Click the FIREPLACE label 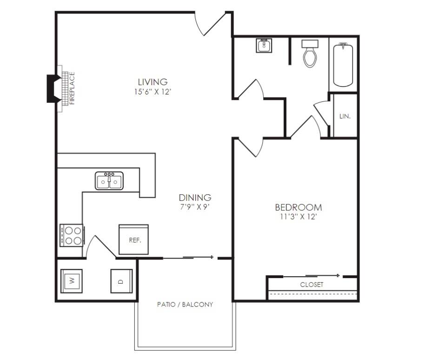coord(72,88)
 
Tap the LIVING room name coord(153,81)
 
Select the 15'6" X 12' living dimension coord(153,92)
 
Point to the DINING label coord(195,197)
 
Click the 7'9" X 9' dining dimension coord(195,207)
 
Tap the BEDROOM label coord(299,207)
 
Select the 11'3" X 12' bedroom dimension coord(299,217)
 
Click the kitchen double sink coord(109,180)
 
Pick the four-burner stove coord(72,235)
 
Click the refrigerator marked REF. coord(133,240)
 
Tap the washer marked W coord(71,281)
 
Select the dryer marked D coord(121,281)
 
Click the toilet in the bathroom coord(310,53)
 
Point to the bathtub coord(343,65)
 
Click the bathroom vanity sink coord(264,46)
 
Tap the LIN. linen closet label coord(345,116)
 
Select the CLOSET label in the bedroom coord(312,284)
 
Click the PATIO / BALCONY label coord(185,305)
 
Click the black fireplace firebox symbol coord(53,89)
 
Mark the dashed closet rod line coord(312,294)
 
